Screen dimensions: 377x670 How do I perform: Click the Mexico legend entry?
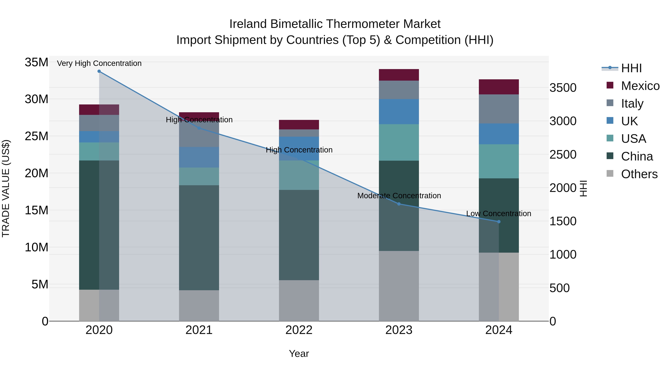[640, 86]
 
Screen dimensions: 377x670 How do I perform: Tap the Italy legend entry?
[632, 104]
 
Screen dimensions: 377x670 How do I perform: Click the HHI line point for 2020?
[99, 71]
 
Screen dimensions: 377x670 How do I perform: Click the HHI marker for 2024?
[499, 222]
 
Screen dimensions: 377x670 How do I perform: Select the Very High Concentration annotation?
[99, 63]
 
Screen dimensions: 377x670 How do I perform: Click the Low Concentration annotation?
[499, 214]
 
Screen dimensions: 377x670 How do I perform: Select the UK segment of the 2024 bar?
[499, 134]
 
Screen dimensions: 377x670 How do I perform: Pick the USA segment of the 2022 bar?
[299, 175]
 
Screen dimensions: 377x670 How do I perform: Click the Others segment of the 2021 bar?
[199, 306]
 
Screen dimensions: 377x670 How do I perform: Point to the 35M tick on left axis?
[36, 62]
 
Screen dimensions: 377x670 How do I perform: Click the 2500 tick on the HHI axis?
[563, 155]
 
